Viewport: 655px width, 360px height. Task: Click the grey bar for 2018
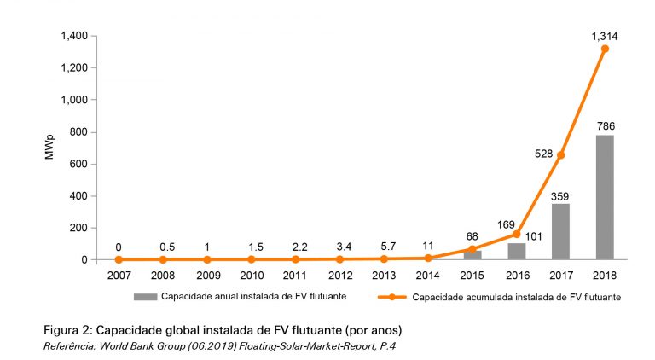pos(605,197)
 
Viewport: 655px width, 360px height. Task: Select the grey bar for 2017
pos(560,231)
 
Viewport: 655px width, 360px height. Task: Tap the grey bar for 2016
pos(516,251)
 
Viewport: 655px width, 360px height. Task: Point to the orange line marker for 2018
pos(605,49)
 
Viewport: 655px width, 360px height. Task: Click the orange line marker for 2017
pos(560,154)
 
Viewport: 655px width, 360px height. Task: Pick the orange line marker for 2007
pos(118,259)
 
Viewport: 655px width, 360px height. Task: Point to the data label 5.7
pos(384,244)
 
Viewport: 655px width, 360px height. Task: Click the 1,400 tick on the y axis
pos(74,36)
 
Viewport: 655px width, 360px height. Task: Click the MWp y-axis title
pos(49,148)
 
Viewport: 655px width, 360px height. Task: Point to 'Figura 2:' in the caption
pos(71,330)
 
